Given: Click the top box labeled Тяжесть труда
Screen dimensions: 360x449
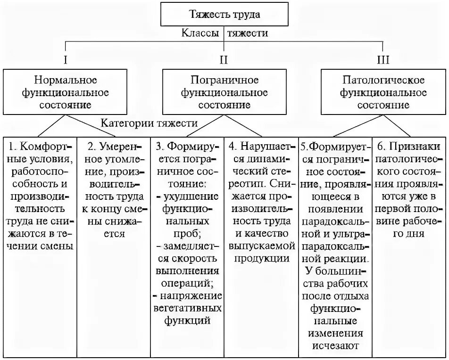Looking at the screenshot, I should pyautogui.click(x=224, y=14).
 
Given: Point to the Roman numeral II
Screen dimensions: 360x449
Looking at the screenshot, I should pyautogui.click(x=224, y=60).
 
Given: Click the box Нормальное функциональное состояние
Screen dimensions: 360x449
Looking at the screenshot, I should pyautogui.click(x=66, y=92).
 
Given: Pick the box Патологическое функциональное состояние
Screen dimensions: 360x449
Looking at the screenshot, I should pyautogui.click(x=383, y=92).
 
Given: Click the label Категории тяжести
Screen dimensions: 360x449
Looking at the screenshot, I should pyautogui.click(x=149, y=123).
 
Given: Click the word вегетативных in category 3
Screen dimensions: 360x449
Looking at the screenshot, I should pyautogui.click(x=187, y=309).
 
